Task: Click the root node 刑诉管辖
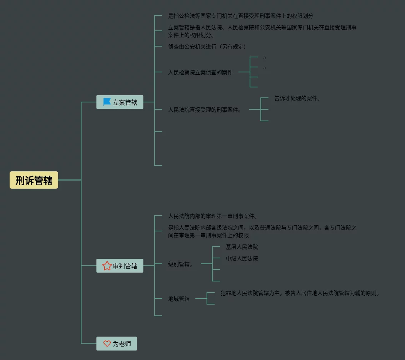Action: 34,180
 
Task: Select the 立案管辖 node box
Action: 120,102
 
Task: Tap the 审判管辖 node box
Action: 120,266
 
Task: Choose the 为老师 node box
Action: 117,343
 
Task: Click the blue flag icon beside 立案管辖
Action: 107,102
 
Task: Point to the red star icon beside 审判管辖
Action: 107,266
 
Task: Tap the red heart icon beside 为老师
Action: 107,343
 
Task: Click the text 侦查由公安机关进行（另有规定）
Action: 207,47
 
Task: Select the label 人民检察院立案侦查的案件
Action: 200,72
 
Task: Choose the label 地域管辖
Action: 179,299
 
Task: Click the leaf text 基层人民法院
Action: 242,247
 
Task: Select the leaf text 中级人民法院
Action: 242,258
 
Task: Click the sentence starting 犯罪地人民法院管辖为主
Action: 300,293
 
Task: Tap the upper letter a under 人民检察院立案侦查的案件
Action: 265,58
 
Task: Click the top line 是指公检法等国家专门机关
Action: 241,16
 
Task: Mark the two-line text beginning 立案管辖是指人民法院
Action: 262,31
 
